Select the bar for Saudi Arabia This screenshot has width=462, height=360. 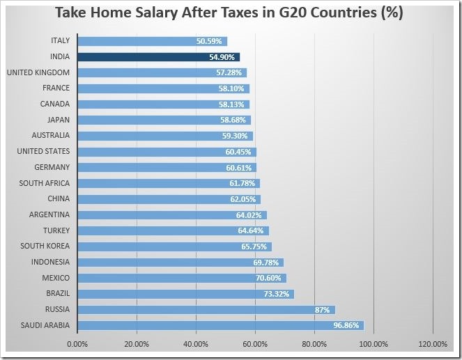(x=220, y=325)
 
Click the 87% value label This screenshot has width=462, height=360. (x=323, y=310)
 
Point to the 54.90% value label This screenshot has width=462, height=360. (x=222, y=57)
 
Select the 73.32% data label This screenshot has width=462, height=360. (x=277, y=294)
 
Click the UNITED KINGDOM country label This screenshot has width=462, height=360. (x=38, y=72)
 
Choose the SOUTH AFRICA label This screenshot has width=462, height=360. (x=45, y=183)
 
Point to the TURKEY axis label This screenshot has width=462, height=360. (x=56, y=230)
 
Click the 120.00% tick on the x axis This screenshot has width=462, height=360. (x=433, y=343)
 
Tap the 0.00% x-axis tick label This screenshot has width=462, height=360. (x=77, y=343)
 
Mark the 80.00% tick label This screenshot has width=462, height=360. (x=314, y=343)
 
